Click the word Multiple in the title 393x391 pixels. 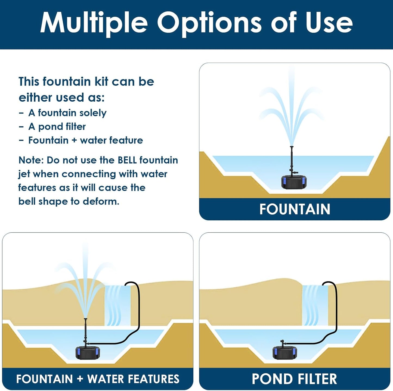point(94,23)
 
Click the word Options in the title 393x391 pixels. point(209,23)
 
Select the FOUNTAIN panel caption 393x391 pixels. point(295,209)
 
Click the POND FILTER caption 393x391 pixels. point(294,379)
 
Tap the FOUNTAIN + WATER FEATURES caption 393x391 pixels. point(98,379)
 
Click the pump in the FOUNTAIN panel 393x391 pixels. point(294,182)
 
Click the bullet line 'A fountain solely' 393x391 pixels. point(67,113)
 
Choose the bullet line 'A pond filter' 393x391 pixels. point(57,127)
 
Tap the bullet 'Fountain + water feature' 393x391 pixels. point(85,140)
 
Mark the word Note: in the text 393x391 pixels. point(31,160)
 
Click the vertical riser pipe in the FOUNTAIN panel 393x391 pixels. point(292,160)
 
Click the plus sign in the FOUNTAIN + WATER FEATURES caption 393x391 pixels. point(80,379)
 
